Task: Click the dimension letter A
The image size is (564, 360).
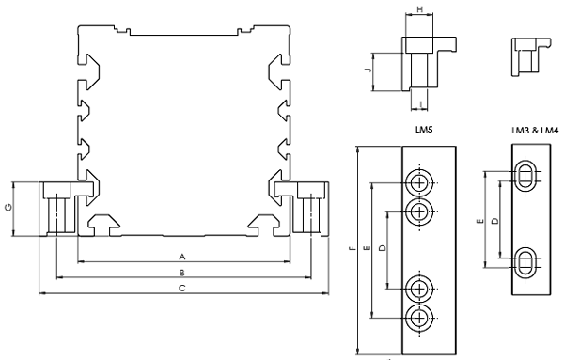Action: point(182,257)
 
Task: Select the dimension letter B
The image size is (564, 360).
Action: point(182,273)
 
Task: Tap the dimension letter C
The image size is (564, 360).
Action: point(182,288)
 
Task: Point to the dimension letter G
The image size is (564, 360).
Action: point(8,208)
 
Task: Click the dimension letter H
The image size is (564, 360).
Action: point(420,9)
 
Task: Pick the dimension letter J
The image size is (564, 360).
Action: point(368,70)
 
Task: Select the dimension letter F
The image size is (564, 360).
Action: point(352,248)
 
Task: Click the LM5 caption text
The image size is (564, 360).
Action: point(424,130)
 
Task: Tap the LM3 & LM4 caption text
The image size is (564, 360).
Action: point(535,131)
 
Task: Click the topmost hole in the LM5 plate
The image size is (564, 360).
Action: point(419,183)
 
